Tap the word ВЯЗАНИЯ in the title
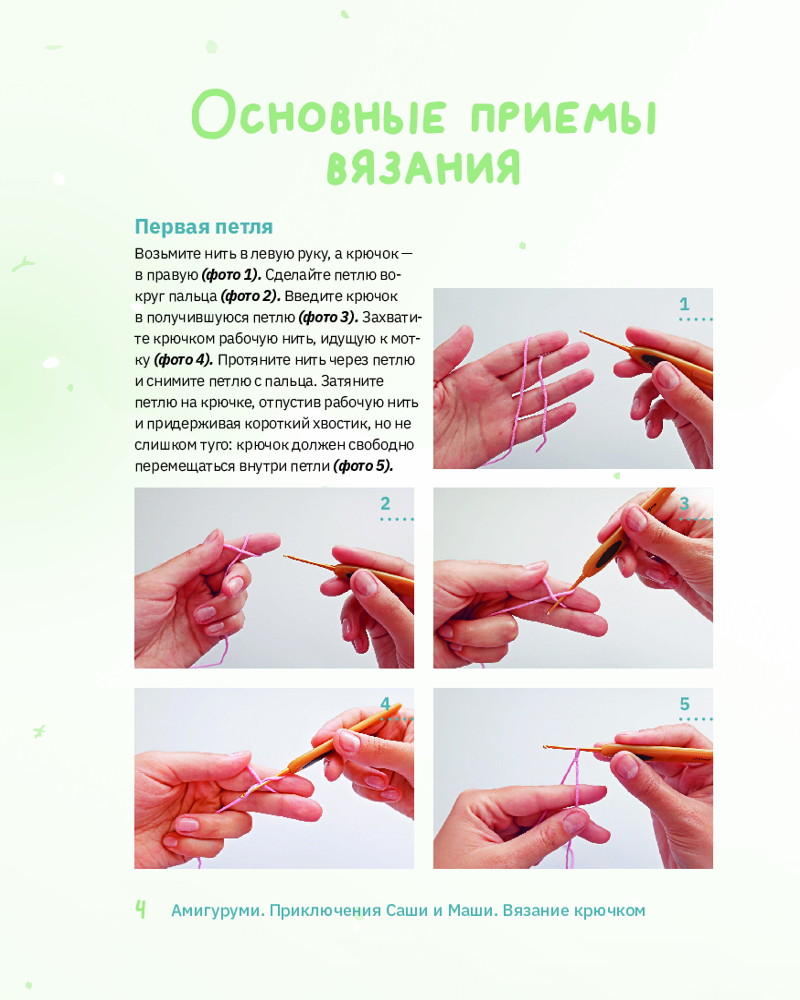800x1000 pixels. click(424, 168)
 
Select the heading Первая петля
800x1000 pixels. click(204, 227)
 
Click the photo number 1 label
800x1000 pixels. click(685, 304)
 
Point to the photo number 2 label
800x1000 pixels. click(385, 504)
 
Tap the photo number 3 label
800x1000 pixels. click(685, 504)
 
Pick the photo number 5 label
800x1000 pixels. click(685, 704)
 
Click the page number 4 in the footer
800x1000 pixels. click(140, 909)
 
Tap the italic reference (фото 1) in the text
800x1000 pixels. click(231, 276)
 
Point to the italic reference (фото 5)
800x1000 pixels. click(363, 466)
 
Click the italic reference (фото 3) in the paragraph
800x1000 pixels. click(329, 318)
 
